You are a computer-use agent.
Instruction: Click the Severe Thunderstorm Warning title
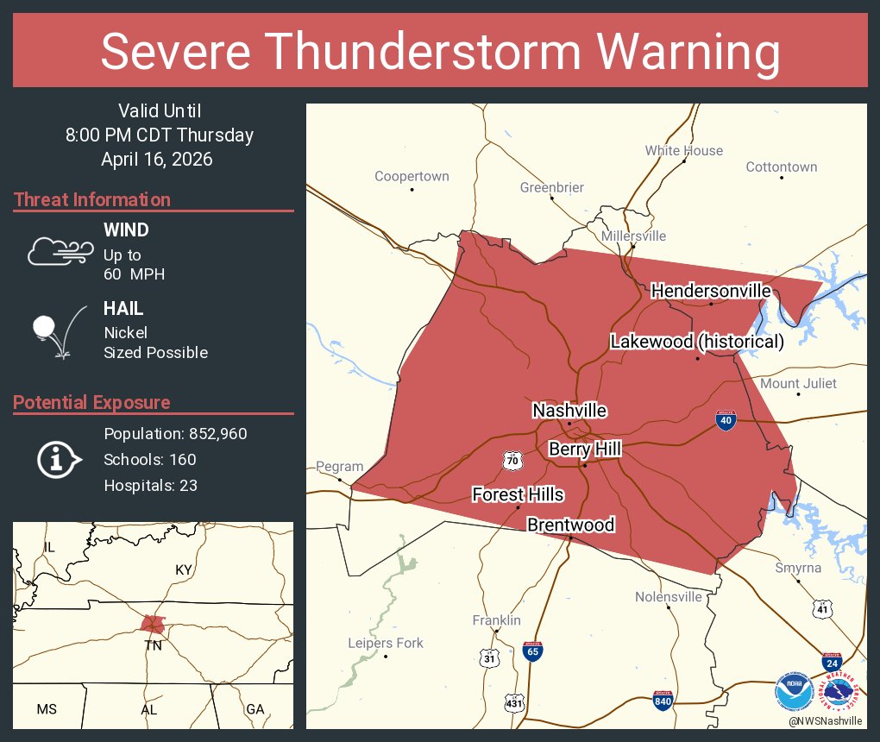(x=440, y=52)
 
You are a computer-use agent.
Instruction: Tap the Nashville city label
(x=569, y=411)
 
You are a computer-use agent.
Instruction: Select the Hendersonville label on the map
(x=711, y=291)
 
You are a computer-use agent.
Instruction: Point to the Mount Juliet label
(x=798, y=383)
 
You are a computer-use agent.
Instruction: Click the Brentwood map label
(x=570, y=525)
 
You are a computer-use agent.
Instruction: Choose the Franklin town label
(x=496, y=620)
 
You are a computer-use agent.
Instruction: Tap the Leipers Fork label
(x=385, y=643)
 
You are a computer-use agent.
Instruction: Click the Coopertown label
(x=412, y=176)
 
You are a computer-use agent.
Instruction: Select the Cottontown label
(x=781, y=167)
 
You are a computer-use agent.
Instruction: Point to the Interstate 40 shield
(x=726, y=420)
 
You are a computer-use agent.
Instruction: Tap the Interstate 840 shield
(x=663, y=701)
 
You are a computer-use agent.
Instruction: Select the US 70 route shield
(x=512, y=462)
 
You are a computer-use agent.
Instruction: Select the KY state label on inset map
(x=183, y=570)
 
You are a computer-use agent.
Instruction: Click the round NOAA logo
(x=793, y=690)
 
